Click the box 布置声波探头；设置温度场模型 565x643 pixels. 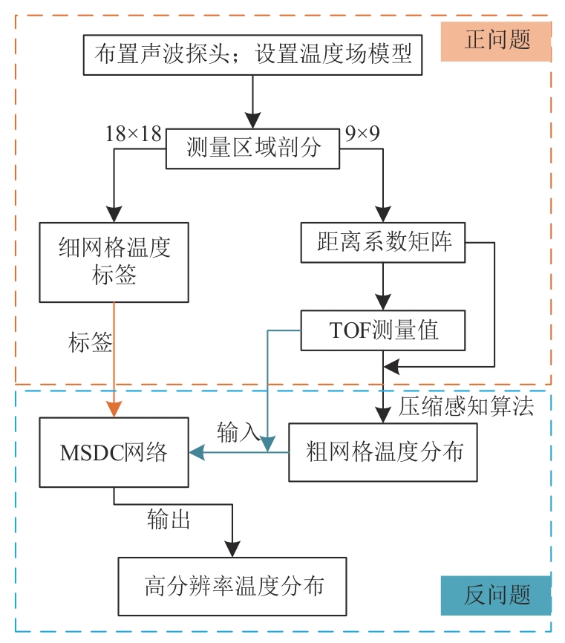[252, 54]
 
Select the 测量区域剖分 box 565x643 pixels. [252, 148]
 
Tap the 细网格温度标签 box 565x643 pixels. [114, 261]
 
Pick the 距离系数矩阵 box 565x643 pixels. [382, 242]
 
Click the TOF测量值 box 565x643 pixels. [382, 330]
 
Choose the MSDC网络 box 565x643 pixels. [114, 452]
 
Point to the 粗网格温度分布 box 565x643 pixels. [382, 452]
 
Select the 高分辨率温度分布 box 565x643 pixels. [232, 586]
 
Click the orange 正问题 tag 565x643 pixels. [497, 40]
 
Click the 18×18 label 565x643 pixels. [133, 134]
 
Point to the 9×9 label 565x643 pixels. [362, 134]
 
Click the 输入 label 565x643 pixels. [238, 431]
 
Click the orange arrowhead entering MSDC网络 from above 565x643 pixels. [114, 409]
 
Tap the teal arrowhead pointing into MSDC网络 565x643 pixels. [198, 452]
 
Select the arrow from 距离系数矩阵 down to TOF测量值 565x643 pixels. [382, 287]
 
